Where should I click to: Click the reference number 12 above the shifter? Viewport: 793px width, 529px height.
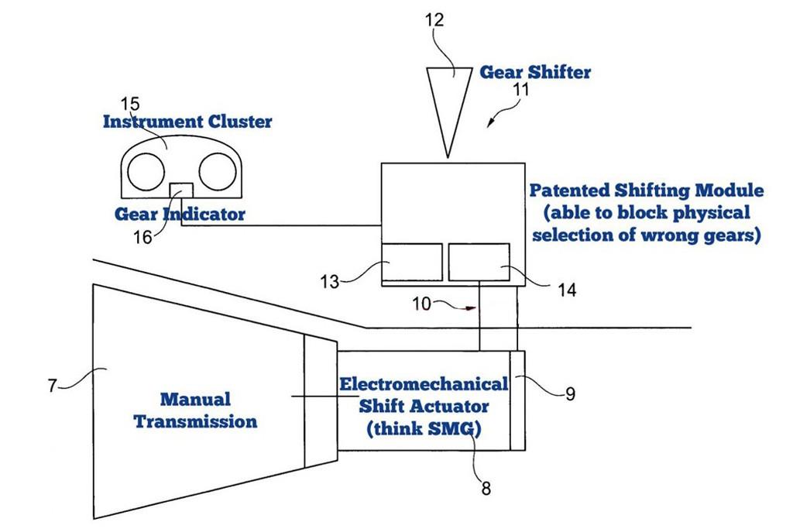pyautogui.click(x=435, y=20)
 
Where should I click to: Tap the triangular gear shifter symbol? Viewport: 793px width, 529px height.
pyautogui.click(x=448, y=101)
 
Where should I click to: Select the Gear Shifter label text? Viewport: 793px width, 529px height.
pyautogui.click(x=535, y=72)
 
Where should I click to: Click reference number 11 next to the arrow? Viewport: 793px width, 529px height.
pyautogui.click(x=520, y=90)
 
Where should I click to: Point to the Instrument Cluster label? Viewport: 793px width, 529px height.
pyautogui.click(x=187, y=122)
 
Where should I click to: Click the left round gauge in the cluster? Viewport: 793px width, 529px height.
pyautogui.click(x=148, y=171)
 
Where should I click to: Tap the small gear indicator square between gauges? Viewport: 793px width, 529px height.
pyautogui.click(x=181, y=191)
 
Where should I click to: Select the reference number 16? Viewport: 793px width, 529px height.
pyautogui.click(x=142, y=237)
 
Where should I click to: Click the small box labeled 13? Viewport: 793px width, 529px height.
pyautogui.click(x=412, y=262)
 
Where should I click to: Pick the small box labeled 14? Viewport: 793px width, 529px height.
pyautogui.click(x=479, y=262)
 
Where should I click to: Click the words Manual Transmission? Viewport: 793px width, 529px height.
pyautogui.click(x=195, y=410)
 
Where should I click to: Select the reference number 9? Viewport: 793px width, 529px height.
pyautogui.click(x=570, y=393)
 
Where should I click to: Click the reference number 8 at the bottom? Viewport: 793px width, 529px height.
pyautogui.click(x=486, y=488)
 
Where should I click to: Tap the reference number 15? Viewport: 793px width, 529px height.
pyautogui.click(x=130, y=104)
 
